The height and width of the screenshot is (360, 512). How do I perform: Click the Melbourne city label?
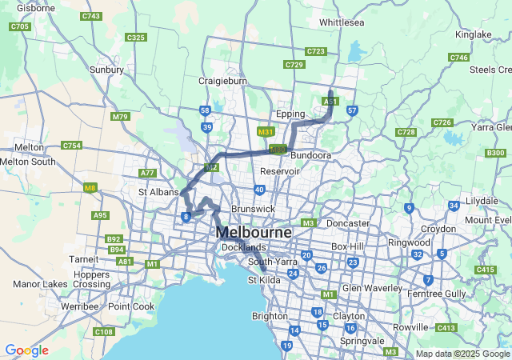point(254,232)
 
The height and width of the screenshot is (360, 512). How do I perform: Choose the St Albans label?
point(157,192)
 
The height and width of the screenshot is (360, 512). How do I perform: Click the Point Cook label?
point(130,306)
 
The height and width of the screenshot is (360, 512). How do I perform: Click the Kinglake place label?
point(473,34)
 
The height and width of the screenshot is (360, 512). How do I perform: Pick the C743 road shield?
point(91,16)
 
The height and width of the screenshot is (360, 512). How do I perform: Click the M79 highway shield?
point(120,117)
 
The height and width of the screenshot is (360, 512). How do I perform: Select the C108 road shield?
point(103,331)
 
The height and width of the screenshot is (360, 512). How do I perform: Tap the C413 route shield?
point(446,328)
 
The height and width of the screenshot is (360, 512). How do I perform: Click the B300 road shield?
point(495,153)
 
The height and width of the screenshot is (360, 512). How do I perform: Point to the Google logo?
point(26,350)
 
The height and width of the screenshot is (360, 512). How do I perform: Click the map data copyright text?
point(462,354)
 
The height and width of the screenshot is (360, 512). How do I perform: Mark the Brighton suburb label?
point(269,316)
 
